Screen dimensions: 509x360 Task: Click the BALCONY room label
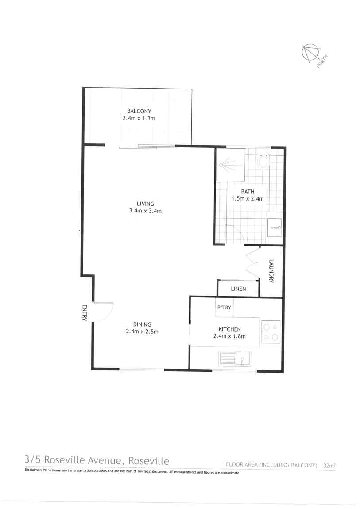pos(139,111)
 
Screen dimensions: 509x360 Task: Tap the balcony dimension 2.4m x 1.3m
pos(139,118)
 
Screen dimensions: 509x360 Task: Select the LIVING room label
pos(145,204)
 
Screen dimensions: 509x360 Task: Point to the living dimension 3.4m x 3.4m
pos(145,211)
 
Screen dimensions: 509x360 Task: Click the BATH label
pos(247,192)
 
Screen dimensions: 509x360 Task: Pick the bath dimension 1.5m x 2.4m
pos(248,199)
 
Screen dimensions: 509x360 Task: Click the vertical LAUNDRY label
pos(271,271)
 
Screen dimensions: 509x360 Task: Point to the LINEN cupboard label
pos(238,289)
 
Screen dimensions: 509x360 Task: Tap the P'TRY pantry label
pos(224,308)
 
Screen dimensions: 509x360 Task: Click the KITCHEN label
pos(229,329)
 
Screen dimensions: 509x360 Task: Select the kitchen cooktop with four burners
pos(271,332)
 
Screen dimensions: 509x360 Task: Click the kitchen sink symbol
pos(235,358)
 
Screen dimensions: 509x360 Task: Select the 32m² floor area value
pos(329,465)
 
